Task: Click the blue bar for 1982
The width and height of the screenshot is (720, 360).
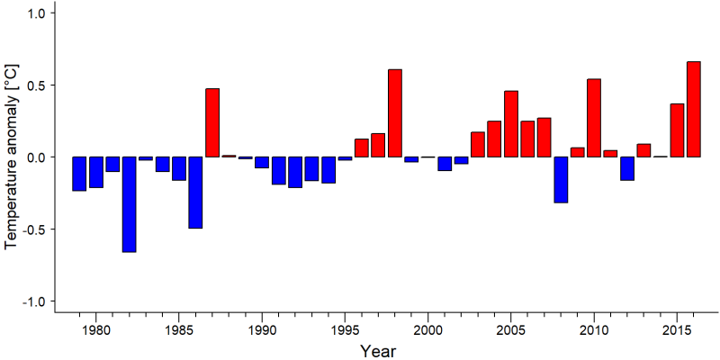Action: coord(129,204)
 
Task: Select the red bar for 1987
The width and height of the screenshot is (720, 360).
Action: coord(212,122)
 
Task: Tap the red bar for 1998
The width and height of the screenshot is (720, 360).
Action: coord(395,113)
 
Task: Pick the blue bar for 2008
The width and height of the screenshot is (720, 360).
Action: coord(561,179)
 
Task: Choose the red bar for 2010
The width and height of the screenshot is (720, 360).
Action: coord(594,118)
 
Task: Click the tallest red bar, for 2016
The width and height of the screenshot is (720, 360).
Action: coord(694,109)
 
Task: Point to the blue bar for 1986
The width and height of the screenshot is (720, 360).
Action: coord(195,193)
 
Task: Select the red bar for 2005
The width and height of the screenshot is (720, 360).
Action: coord(511,124)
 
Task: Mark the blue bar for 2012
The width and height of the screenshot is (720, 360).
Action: coord(627,168)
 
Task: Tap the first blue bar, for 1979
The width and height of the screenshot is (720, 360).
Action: coord(79,174)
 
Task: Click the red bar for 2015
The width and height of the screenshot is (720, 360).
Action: coord(678,130)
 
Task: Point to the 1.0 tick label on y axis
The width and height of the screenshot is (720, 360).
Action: coord(36,13)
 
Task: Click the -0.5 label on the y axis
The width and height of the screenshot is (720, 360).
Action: coord(34,229)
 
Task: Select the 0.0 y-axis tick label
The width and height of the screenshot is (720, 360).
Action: coord(36,157)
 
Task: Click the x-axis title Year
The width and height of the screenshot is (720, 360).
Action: coord(377,351)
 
